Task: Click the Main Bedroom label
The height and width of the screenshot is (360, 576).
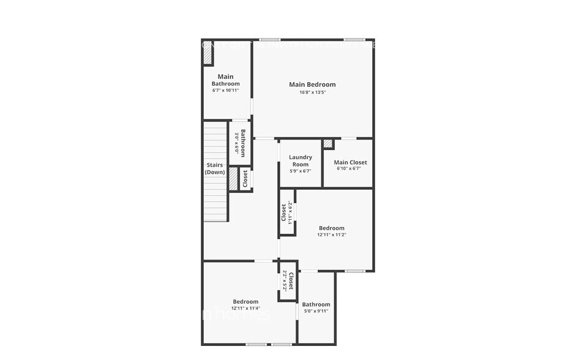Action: [312, 84]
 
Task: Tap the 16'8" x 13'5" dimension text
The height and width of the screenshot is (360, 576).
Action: [312, 92]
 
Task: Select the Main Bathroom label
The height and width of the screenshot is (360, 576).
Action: [225, 80]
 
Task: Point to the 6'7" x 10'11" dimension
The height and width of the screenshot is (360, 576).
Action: [225, 90]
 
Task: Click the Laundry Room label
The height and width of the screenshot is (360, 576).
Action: [301, 160]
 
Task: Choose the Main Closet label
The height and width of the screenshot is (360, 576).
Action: [350, 162]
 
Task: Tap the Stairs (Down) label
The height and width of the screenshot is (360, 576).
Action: [215, 168]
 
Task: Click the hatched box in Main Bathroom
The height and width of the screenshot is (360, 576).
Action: [208, 53]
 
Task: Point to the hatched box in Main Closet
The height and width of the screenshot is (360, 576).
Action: [328, 144]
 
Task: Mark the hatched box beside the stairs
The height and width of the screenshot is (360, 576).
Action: [233, 178]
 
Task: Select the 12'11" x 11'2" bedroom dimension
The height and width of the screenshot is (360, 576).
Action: [331, 234]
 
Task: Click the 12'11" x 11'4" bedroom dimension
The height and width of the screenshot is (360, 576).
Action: [245, 308]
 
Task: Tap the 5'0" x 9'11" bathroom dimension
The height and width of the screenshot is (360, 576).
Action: [316, 311]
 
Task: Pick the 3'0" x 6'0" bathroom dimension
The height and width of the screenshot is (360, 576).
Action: [236, 143]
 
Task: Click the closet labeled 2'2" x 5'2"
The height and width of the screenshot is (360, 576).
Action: [288, 282]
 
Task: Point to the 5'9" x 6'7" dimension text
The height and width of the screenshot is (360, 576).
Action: [301, 171]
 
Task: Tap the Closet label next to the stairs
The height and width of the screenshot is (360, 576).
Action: [245, 179]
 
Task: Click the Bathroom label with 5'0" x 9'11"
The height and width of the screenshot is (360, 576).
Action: [316, 304]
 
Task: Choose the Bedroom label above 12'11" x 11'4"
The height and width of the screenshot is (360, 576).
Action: [245, 301]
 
